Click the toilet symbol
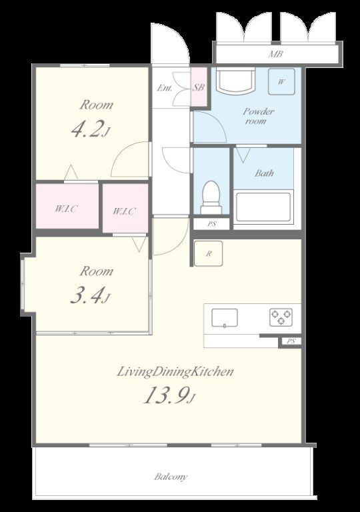pos(211,197)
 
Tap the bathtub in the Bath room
pos(263,207)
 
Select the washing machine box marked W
pos(281,81)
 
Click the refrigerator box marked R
pos(209,253)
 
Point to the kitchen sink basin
pos(225,318)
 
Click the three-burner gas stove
pos(281,317)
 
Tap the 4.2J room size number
pos(90,129)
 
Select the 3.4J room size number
pos(90,296)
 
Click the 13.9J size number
pos(169,395)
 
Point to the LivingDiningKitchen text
pos(175,372)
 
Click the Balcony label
pos(171,477)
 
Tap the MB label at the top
pos(275,54)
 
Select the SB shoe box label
pos(199,87)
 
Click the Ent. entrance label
pos(165,88)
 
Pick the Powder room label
pos(258,116)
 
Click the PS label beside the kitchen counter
pos(291,341)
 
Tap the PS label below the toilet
pos(212,224)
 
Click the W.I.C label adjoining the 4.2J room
pos(66,209)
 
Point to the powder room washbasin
pos(236,81)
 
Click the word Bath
pos(264,173)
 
